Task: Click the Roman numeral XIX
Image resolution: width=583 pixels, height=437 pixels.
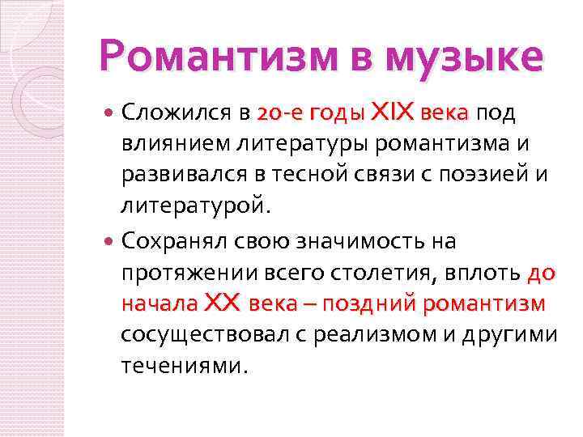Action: pyautogui.click(x=392, y=113)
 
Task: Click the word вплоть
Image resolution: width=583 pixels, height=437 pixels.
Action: pyautogui.click(x=480, y=273)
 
